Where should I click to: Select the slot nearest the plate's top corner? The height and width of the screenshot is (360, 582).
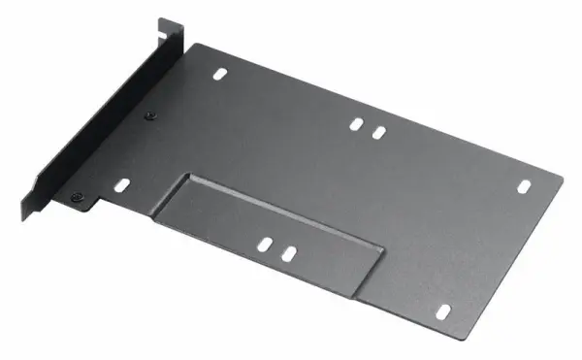223,73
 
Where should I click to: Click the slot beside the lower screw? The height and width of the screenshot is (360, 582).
121,184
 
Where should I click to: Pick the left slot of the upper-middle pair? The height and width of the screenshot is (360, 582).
356,124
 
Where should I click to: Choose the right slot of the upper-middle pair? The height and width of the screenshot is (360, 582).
379,130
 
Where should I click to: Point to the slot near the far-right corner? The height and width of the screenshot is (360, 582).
523,184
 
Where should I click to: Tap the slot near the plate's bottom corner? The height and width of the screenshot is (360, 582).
444,311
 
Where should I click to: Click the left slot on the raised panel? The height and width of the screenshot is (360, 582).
264,244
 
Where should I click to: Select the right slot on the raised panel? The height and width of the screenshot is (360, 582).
288,253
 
